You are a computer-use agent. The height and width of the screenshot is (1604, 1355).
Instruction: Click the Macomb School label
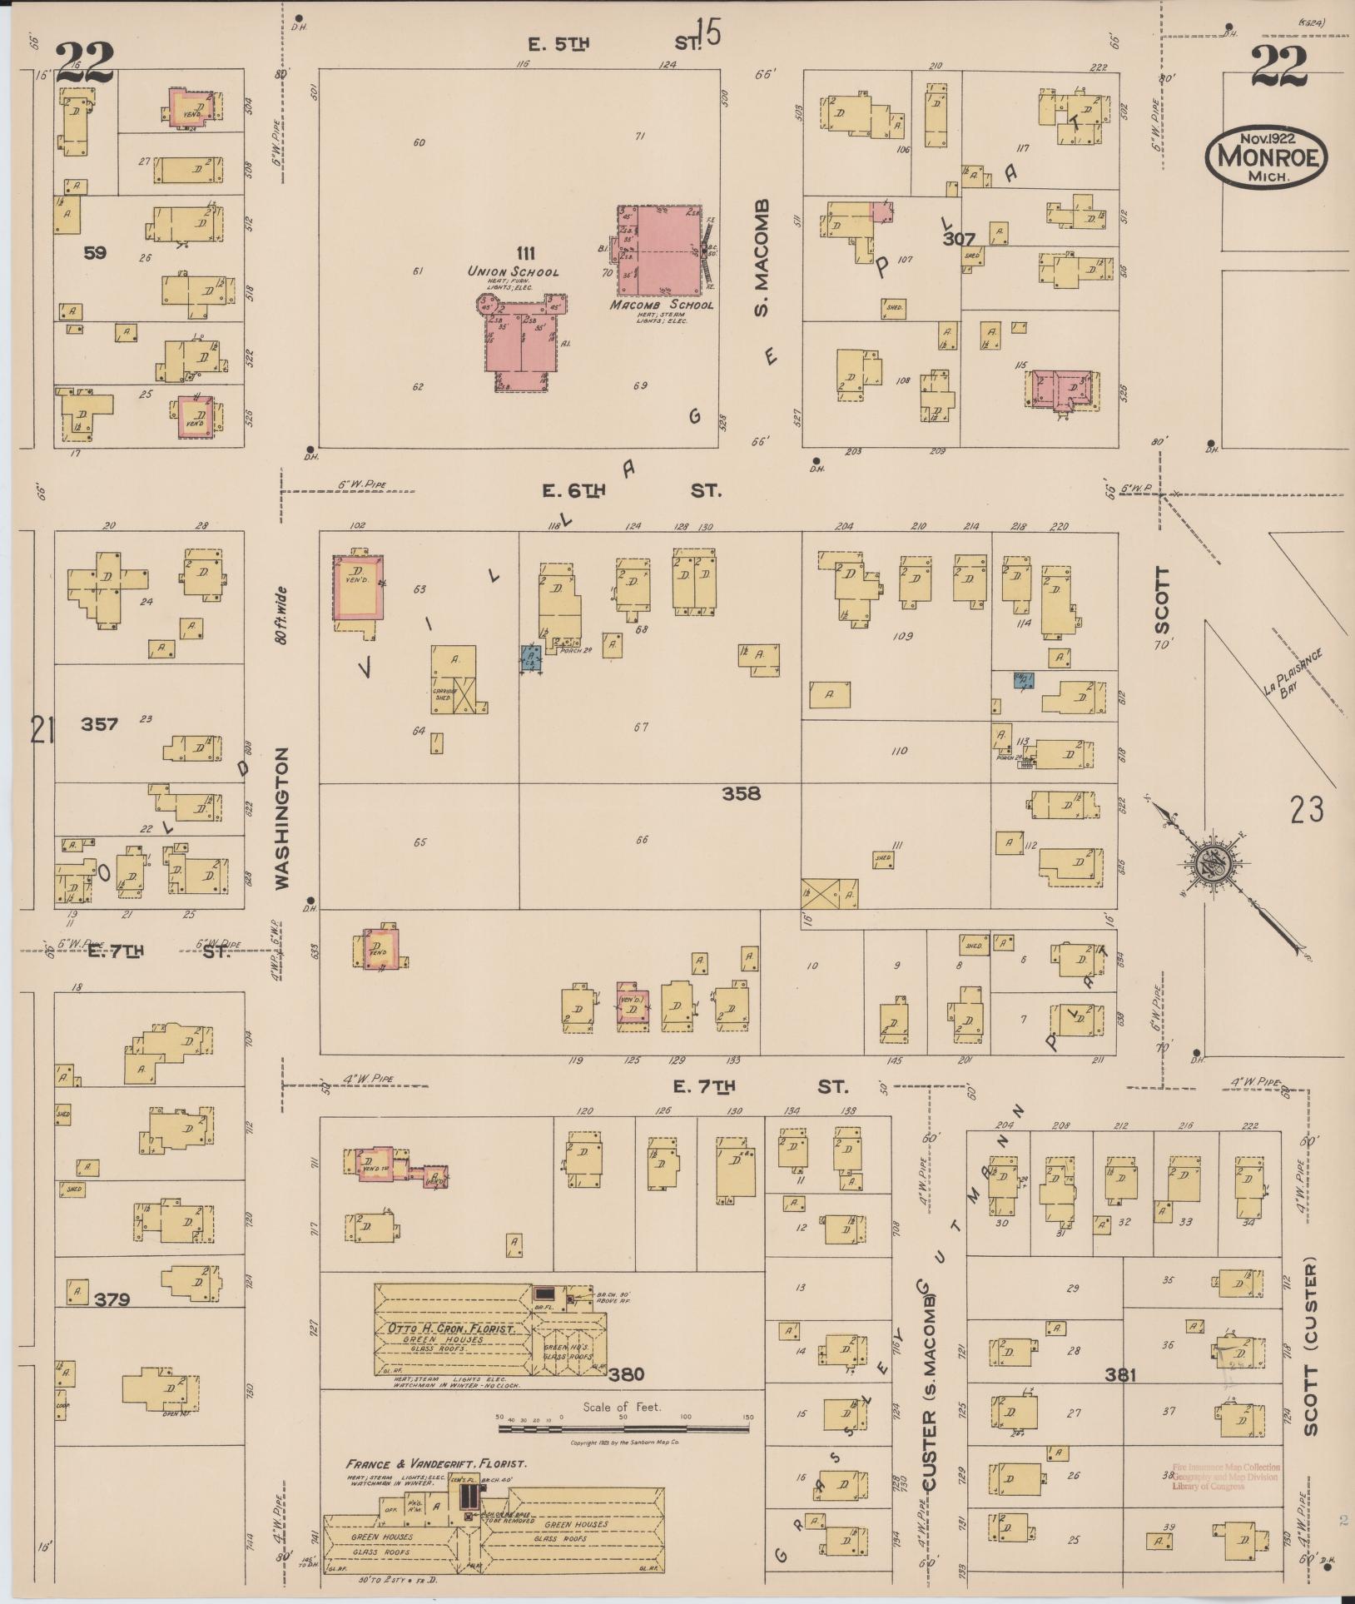(x=661, y=305)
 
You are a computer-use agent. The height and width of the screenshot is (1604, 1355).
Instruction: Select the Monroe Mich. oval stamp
(x=1266, y=156)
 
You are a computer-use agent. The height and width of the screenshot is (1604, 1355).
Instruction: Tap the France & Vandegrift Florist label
(x=436, y=1463)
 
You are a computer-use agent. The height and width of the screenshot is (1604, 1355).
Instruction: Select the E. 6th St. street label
(x=631, y=491)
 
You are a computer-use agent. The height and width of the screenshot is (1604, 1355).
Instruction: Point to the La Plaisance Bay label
(x=1293, y=676)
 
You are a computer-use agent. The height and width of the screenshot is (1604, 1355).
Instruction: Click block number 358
(x=741, y=793)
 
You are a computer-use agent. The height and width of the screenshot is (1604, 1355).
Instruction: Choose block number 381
(x=1120, y=1376)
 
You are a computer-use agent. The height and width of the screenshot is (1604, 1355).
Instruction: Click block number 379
(x=112, y=1299)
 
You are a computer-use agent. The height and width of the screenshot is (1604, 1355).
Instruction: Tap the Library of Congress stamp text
(x=1225, y=1477)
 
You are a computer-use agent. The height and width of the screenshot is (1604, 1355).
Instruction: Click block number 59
(x=94, y=252)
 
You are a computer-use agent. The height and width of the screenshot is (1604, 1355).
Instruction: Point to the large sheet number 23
(x=1307, y=808)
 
